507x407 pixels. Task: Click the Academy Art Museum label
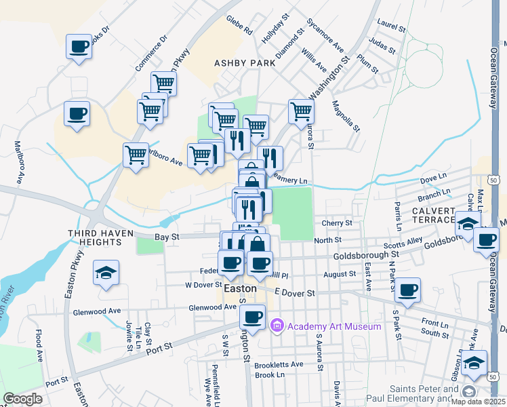pyautogui.click(x=333, y=326)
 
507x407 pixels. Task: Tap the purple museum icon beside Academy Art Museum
pyautogui.click(x=277, y=326)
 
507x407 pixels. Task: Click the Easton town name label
pyautogui.click(x=240, y=288)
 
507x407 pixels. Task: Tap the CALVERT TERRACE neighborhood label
pyautogui.click(x=433, y=215)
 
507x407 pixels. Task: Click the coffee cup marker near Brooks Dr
pyautogui.click(x=79, y=47)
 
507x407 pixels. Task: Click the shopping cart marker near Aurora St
pyautogui.click(x=301, y=111)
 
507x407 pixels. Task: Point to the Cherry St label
pyautogui.click(x=338, y=222)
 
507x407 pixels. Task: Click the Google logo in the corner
pyautogui.click(x=22, y=399)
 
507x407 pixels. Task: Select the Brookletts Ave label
pyautogui.click(x=279, y=364)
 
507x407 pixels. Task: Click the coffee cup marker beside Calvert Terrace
pyautogui.click(x=485, y=239)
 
